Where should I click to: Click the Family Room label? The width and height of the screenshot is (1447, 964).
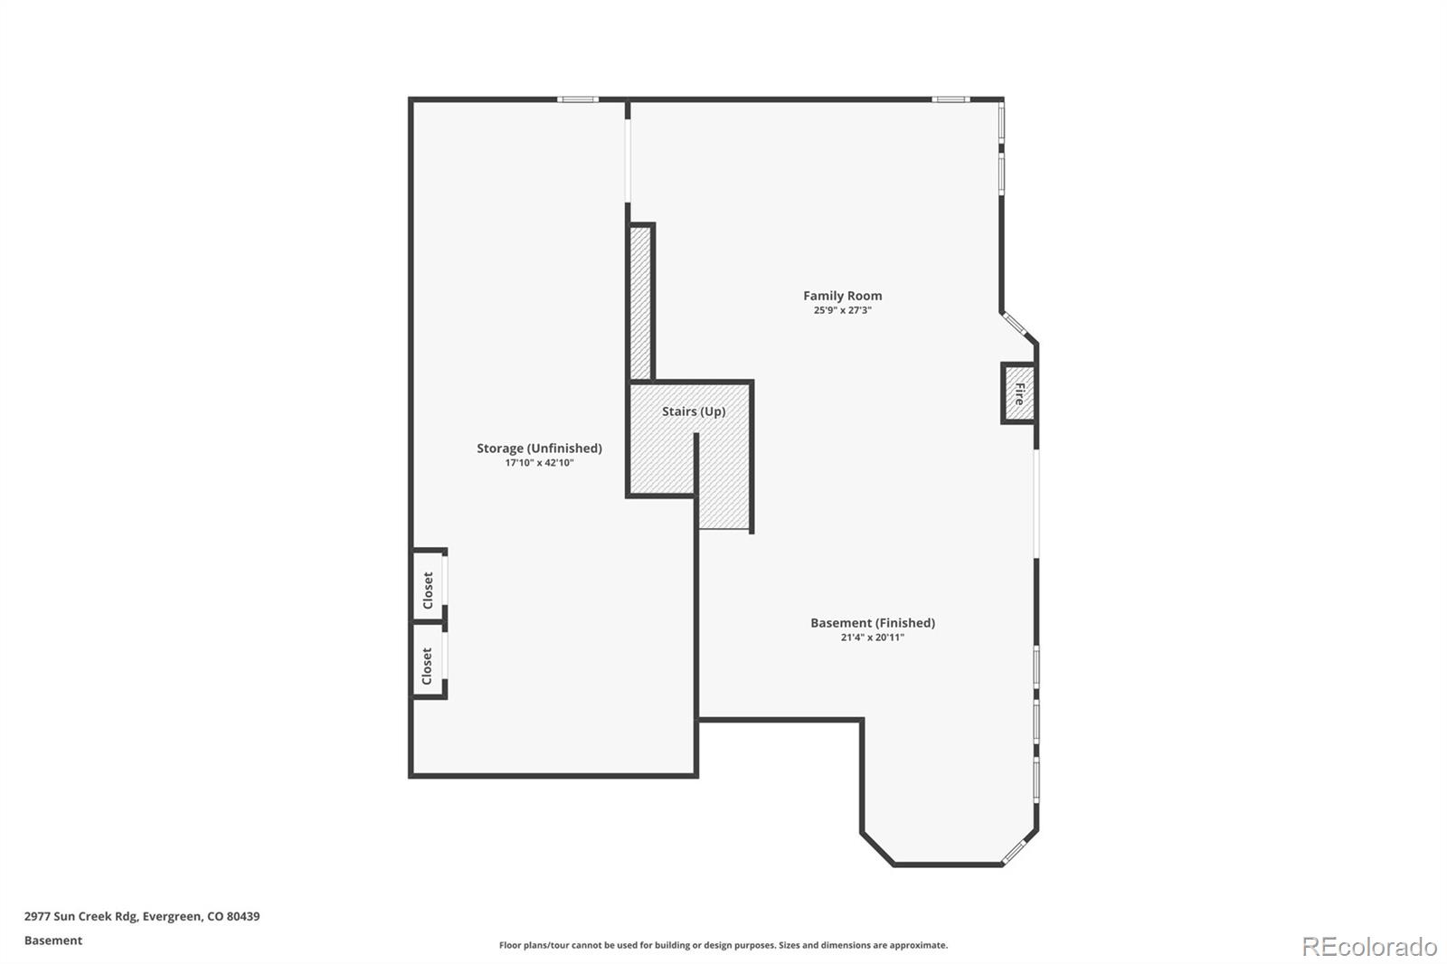[x=842, y=296]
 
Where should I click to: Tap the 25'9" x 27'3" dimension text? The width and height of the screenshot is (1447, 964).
[x=842, y=310]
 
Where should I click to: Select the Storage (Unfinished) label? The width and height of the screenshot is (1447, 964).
[x=539, y=448]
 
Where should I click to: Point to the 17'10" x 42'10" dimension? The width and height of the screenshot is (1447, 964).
[x=539, y=463]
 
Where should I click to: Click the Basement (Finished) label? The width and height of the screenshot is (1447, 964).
[x=872, y=622]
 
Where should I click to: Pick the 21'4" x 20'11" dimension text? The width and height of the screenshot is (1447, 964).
[x=872, y=638]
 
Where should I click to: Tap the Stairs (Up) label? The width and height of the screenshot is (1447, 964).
[x=693, y=411]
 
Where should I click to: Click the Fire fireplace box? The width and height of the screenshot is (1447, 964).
[x=1018, y=393]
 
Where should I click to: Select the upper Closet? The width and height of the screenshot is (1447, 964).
[x=429, y=590]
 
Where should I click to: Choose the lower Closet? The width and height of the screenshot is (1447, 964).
[x=428, y=666]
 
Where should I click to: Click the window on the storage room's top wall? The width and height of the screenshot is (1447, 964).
[x=577, y=99]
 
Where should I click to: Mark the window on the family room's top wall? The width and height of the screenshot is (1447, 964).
[x=950, y=99]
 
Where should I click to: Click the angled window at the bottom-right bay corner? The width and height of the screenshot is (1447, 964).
[x=1015, y=849]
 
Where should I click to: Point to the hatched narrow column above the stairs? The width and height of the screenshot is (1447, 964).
[x=640, y=303]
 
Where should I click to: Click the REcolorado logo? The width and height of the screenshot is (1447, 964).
[x=1368, y=946]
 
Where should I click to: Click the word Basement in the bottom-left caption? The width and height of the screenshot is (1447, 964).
[x=53, y=940]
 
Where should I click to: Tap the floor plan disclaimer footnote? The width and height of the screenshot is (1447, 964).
[x=723, y=945]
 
